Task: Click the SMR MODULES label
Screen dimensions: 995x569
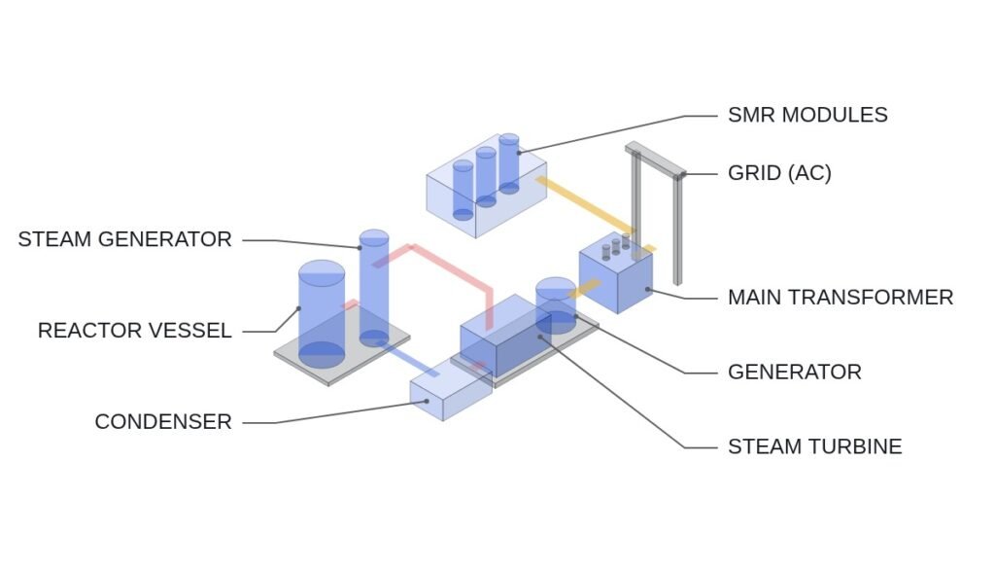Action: point(807,115)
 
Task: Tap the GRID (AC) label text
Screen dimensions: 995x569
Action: point(779,173)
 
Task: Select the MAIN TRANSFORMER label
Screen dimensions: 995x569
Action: point(841,298)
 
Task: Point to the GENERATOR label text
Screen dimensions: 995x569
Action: point(795,373)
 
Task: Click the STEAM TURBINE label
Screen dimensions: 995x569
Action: point(815,446)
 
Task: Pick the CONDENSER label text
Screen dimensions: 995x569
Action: point(163,422)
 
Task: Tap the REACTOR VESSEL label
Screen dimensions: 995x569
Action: point(134,331)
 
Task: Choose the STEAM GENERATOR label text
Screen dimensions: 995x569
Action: point(125,239)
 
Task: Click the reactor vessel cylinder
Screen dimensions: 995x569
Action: point(322,314)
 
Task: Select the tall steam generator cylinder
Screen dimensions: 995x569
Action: point(374,288)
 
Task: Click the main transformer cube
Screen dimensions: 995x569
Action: point(615,274)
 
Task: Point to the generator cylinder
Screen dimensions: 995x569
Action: point(556,305)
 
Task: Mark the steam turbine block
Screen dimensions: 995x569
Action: point(504,336)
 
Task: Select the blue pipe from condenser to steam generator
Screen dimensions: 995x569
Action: point(407,359)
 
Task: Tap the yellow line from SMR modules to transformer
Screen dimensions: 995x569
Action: point(584,206)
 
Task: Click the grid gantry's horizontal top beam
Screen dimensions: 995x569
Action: point(655,160)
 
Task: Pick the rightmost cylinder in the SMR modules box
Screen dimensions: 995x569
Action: point(509,163)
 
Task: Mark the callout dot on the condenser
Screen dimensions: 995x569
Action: point(427,402)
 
